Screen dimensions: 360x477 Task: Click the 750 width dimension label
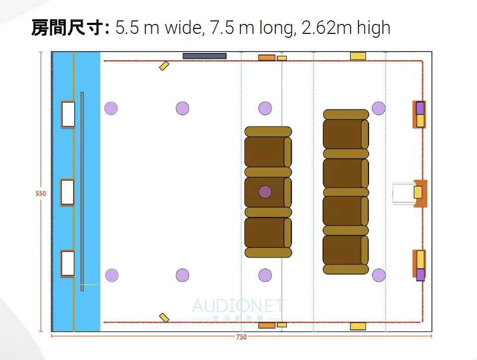point(241,337)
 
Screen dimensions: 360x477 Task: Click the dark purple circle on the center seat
point(265,192)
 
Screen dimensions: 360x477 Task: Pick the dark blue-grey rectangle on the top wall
point(204,56)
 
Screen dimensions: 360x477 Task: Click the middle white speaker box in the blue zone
point(68,192)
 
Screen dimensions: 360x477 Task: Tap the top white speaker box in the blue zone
point(68,114)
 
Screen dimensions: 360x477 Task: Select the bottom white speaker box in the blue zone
point(68,264)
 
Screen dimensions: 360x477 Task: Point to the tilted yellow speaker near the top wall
point(164,65)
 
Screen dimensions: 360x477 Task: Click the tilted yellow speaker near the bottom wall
point(164,318)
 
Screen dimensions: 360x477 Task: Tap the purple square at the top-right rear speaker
point(420,108)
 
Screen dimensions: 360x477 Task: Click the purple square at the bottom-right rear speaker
point(421,275)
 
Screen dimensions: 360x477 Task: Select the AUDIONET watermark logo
point(238,309)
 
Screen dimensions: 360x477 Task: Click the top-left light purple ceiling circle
point(111,108)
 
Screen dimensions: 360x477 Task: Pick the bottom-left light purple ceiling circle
point(112,275)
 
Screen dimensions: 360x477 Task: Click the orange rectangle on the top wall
point(266,58)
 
